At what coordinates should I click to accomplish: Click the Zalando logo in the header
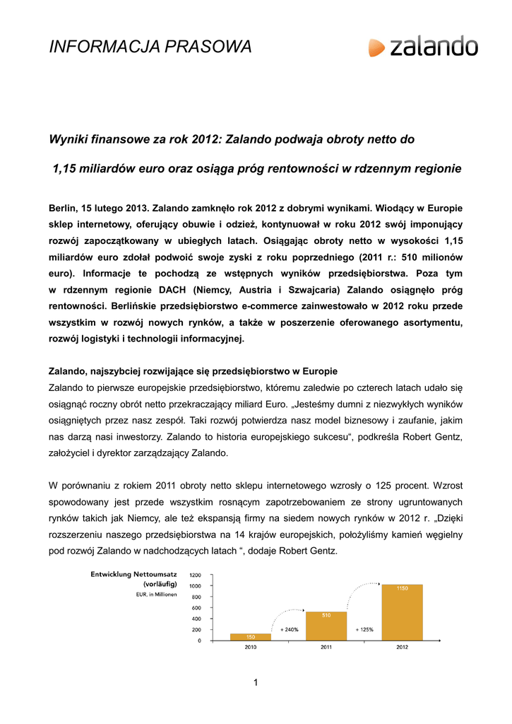coord(423,47)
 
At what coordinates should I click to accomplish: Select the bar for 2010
coord(251,636)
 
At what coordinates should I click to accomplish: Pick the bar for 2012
coord(402,612)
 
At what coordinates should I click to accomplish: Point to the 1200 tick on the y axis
coord(194,575)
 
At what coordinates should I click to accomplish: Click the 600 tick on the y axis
coord(196,607)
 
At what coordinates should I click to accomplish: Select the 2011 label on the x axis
coord(326,647)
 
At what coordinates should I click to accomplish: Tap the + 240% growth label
coord(288,629)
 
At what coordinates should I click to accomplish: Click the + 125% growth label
coord(364,629)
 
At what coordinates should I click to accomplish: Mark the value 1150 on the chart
coord(402,588)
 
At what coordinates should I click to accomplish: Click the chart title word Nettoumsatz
coord(153,574)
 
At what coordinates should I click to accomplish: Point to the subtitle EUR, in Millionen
coord(156,595)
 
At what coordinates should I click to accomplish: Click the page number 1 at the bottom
coord(256,682)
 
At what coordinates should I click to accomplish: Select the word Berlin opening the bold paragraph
coord(64,209)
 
